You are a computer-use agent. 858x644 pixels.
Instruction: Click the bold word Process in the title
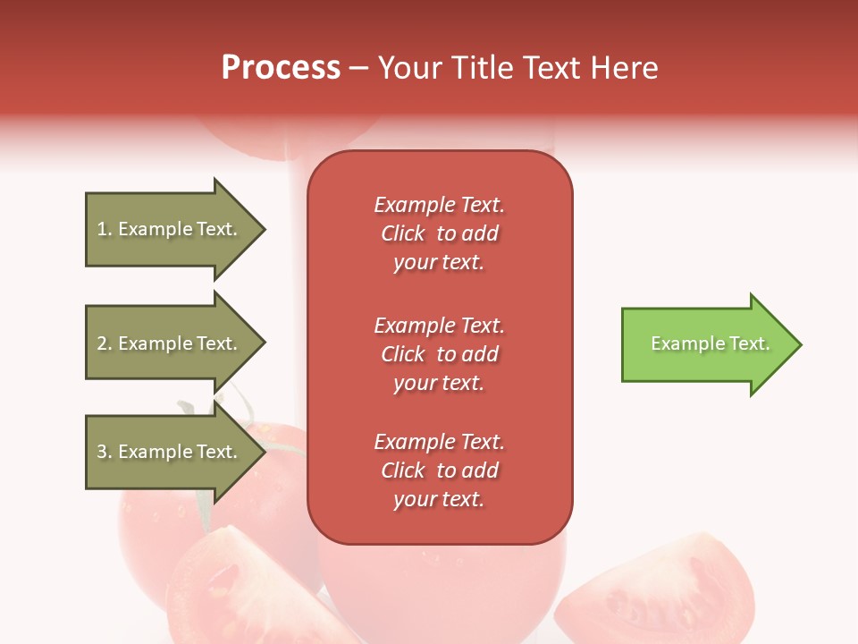tap(281, 68)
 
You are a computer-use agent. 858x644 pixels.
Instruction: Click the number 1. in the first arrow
tap(105, 230)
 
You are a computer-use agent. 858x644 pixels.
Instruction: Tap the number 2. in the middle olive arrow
tap(105, 343)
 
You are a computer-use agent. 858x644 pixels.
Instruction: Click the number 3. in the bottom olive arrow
tap(105, 452)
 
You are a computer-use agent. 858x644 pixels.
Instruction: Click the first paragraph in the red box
tap(439, 233)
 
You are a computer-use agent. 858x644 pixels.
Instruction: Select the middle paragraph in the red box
tap(439, 354)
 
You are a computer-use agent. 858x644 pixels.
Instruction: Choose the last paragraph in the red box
tap(439, 470)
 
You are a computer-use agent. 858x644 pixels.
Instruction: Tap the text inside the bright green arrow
tap(710, 343)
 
